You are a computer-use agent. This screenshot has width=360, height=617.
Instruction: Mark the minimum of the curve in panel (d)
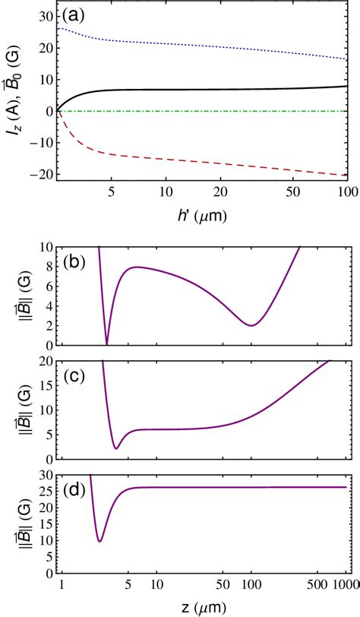pos(99,541)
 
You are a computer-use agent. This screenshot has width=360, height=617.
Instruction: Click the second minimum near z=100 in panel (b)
pos(251,325)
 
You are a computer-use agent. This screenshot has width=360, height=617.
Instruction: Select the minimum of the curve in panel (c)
pos(115,448)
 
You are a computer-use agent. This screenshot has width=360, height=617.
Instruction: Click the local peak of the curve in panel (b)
pos(136,267)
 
